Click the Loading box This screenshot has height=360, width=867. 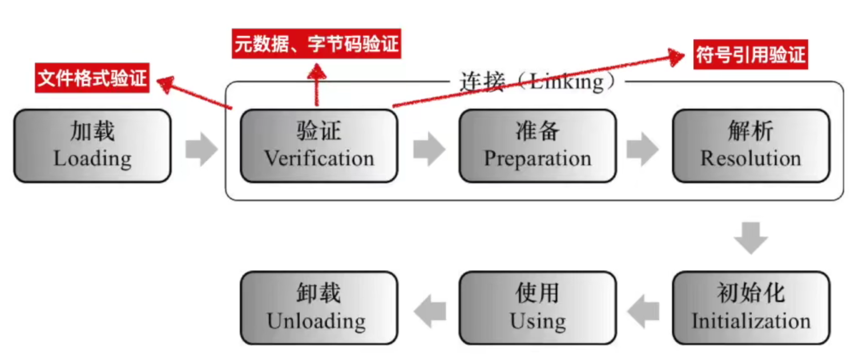[92, 146]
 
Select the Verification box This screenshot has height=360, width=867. [318, 146]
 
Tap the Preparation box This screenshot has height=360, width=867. [537, 146]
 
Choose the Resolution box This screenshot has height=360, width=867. [751, 146]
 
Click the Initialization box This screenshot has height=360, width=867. [751, 308]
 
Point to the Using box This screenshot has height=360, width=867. [537, 308]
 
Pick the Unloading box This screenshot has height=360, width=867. [318, 308]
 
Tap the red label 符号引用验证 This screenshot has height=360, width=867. [750, 55]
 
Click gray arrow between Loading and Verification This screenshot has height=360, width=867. [201, 150]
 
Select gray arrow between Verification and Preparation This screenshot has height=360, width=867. [429, 150]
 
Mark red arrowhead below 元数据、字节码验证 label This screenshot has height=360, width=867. [317, 71]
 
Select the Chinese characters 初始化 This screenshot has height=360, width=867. [751, 294]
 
